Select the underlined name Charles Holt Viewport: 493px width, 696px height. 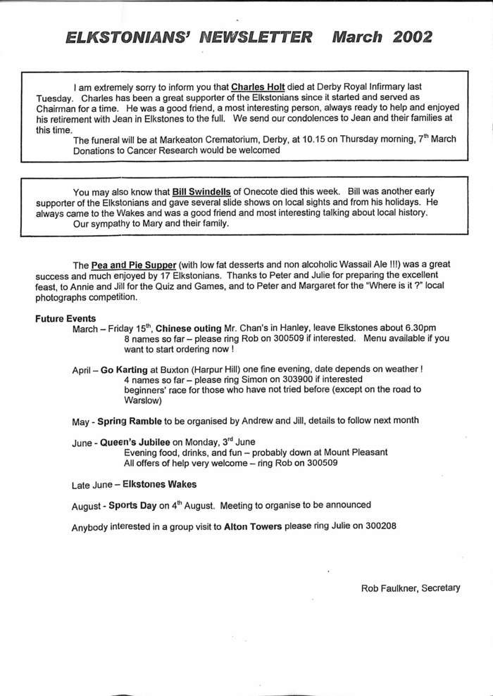point(258,86)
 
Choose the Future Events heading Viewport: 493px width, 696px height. point(61,318)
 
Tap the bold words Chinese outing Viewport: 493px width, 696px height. point(187,328)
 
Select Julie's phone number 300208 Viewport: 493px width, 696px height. point(376,526)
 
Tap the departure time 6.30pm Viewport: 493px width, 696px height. point(418,328)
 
